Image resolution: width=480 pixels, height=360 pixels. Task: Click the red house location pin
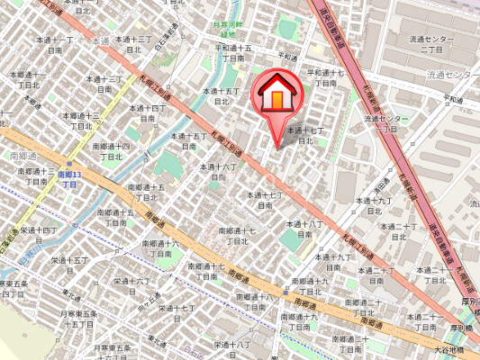278,94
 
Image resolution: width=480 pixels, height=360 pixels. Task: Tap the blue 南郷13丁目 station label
69,177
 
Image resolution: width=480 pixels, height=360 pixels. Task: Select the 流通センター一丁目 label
386,123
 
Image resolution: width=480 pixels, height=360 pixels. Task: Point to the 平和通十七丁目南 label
326,77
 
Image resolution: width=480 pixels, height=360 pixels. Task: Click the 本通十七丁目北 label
298,135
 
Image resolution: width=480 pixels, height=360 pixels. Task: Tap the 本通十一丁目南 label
55,45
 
